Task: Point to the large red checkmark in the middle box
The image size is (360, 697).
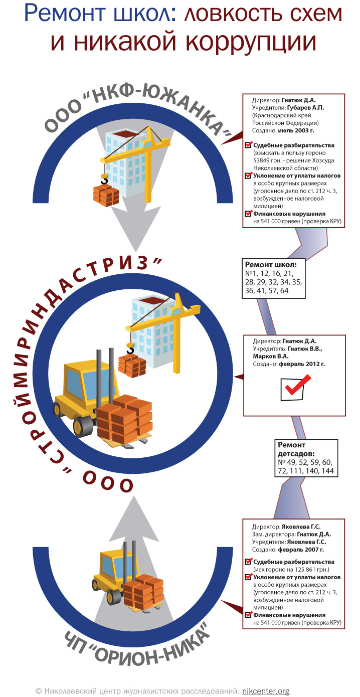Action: pos(294,386)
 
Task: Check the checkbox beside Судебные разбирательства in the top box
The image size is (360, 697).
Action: pos(248,145)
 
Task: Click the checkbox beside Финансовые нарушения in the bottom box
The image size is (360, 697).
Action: pos(248,615)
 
